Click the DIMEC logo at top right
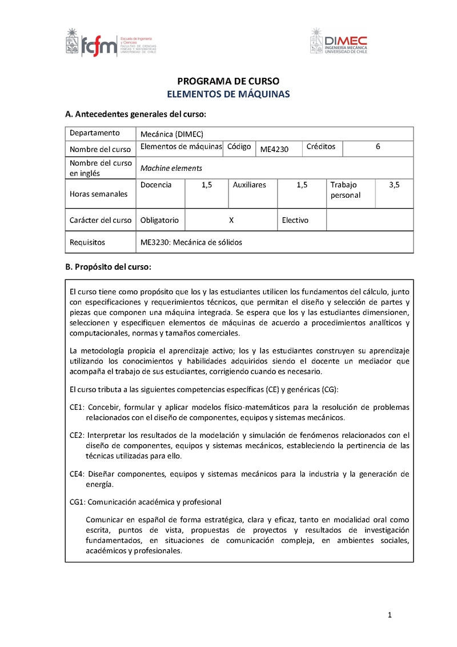[x=339, y=42]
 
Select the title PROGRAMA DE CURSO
[x=228, y=81]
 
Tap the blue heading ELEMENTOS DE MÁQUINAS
[x=228, y=94]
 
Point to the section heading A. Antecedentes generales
[x=135, y=114]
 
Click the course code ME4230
[x=275, y=150]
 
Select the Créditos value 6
[x=378, y=147]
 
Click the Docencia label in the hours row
[x=156, y=185]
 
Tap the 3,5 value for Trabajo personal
[x=394, y=185]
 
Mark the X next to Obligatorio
[x=231, y=220]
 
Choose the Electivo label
[x=295, y=220]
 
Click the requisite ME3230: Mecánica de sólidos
[x=191, y=242]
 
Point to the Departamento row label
[x=95, y=133]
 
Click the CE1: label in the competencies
[x=77, y=408]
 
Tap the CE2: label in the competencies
[x=77, y=435]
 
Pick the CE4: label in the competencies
[x=77, y=474]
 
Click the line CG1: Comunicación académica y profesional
[x=145, y=502]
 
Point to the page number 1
[x=390, y=615]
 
